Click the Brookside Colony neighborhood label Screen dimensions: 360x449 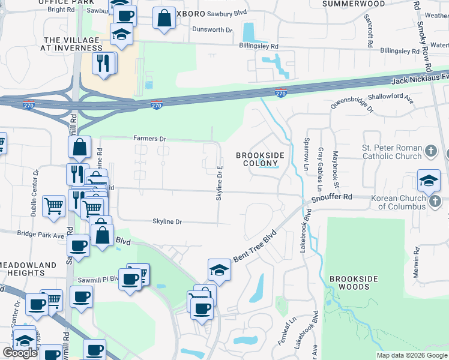pos(260,159)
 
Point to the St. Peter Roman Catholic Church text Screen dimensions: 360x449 pos(392,152)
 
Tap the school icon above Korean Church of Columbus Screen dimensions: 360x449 pos(429,180)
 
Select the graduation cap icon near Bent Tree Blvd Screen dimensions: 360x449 pos(219,271)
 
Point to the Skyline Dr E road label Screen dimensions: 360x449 pos(220,184)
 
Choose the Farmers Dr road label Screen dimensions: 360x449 pos(149,139)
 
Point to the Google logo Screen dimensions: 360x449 pos(20,353)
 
